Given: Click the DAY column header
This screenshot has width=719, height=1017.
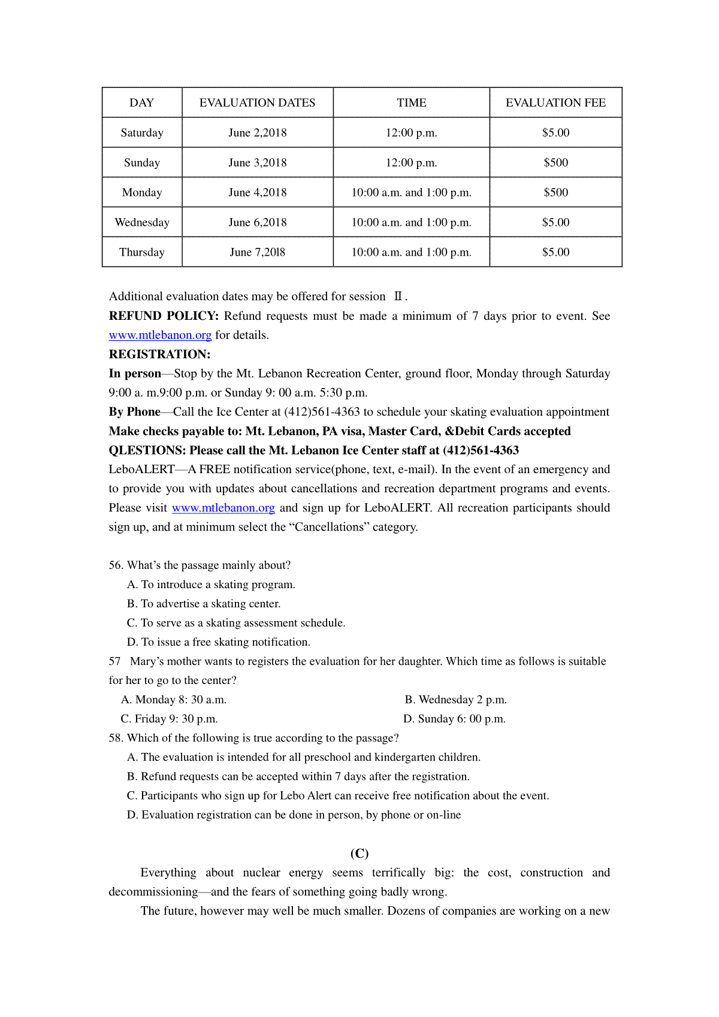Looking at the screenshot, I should point(142,102).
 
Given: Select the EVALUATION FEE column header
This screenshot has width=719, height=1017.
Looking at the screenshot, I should point(555,102).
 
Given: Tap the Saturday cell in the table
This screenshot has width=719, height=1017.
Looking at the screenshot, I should point(142,132).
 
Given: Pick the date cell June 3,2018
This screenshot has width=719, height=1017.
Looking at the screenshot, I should point(258,162).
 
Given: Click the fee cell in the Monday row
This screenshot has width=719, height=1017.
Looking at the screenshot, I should point(555,192).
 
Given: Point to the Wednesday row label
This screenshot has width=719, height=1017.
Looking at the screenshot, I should point(142,222).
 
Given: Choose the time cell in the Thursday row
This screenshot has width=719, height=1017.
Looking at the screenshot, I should point(411,252).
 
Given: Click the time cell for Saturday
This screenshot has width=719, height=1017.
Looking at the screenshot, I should point(411,132).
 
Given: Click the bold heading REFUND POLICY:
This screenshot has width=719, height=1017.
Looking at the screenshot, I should point(164,316).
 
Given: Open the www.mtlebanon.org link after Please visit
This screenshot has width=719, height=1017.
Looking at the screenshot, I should point(223,508).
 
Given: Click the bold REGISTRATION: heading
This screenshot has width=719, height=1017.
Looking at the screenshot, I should point(159,354).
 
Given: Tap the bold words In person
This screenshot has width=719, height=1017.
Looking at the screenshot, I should point(135,373).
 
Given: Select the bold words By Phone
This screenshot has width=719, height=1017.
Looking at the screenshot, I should point(134,411).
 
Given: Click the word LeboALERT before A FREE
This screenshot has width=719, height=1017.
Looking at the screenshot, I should point(141,469).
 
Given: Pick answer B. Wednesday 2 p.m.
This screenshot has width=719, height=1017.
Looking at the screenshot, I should point(455,700).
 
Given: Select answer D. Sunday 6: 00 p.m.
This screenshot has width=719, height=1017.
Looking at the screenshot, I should point(454,719).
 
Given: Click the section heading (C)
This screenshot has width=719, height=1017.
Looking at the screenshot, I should point(359,853).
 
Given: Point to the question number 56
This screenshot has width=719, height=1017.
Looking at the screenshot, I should point(116,565).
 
